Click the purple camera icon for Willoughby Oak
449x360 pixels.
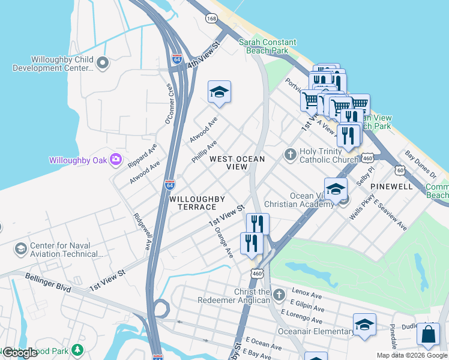(116, 160)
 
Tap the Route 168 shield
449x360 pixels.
(211, 19)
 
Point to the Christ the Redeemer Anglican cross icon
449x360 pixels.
(279, 295)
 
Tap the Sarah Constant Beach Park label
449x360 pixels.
(268, 46)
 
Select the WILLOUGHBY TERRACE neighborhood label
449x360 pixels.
(197, 203)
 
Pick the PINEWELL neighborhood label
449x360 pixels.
(391, 187)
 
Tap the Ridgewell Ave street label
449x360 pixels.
(142, 232)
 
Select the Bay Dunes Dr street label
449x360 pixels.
(420, 165)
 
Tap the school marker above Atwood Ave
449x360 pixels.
(219, 92)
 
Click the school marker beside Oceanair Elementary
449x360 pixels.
(364, 325)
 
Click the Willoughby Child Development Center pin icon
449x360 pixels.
(103, 62)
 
